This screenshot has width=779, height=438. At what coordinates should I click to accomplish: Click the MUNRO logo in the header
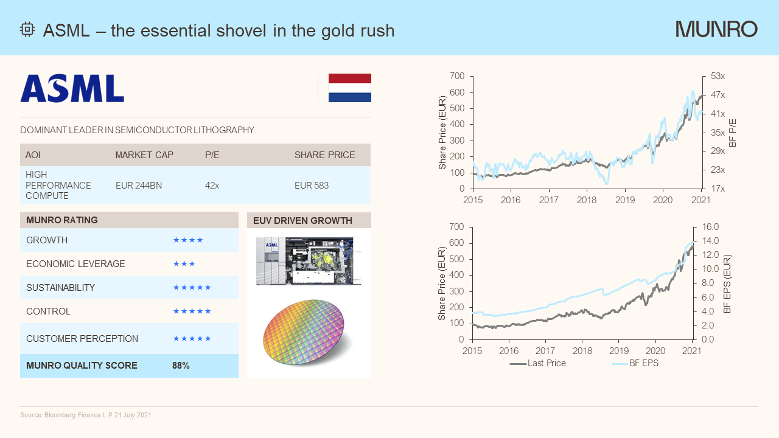pyautogui.click(x=716, y=29)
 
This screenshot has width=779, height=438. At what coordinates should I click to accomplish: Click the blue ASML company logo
pyautogui.click(x=72, y=88)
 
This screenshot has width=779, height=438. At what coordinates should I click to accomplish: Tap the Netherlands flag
pyautogui.click(x=349, y=88)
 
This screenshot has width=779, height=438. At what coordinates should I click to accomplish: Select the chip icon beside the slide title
pyautogui.click(x=27, y=30)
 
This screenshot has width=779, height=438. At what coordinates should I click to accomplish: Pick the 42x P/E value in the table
pyautogui.click(x=212, y=185)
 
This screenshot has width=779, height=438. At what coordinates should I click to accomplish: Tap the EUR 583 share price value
pyautogui.click(x=312, y=185)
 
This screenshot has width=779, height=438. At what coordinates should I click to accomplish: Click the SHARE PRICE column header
pyautogui.click(x=324, y=155)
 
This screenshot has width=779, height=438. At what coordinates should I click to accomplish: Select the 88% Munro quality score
pyautogui.click(x=181, y=366)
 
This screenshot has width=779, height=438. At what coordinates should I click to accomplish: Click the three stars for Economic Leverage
pyautogui.click(x=184, y=264)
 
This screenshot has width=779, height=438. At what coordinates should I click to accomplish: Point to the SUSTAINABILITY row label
pyautogui.click(x=60, y=288)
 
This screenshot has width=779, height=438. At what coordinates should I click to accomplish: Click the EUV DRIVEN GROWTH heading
pyautogui.click(x=302, y=220)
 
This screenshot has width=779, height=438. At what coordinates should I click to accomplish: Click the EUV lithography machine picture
pyautogui.click(x=309, y=261)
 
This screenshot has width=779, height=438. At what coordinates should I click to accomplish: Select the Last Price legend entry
pyautogui.click(x=538, y=363)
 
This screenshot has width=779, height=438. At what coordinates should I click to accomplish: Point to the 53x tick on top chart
pyautogui.click(x=718, y=76)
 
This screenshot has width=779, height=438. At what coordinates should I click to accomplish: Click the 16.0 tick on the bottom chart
pyautogui.click(x=711, y=227)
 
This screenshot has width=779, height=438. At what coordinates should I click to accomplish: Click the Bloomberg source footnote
pyautogui.click(x=86, y=415)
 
